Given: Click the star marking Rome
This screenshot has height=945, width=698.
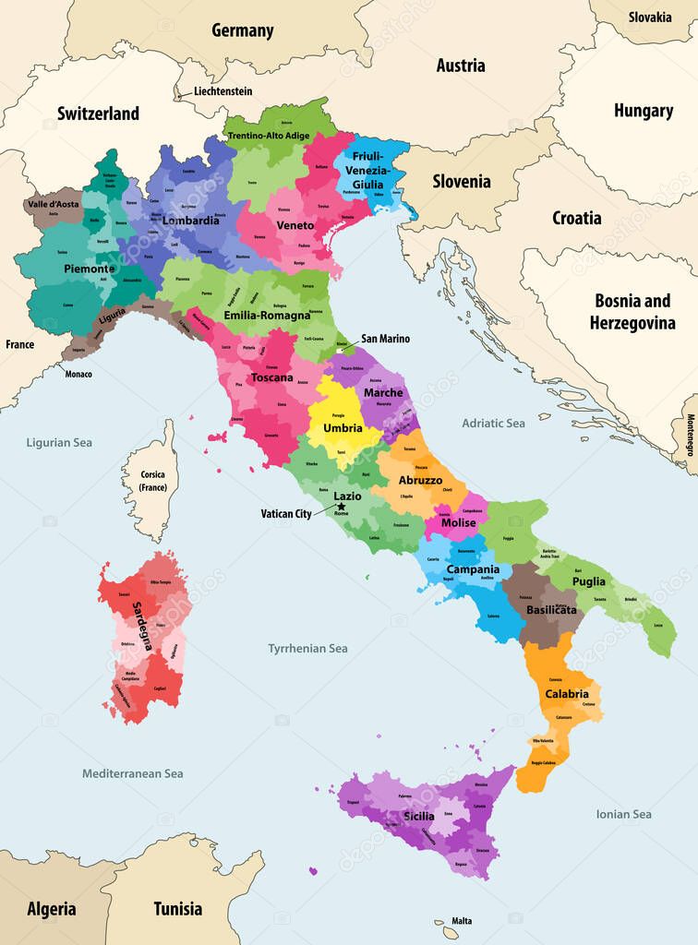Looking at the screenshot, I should pyautogui.click(x=342, y=507).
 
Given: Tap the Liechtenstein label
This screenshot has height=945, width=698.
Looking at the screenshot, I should pyautogui.click(x=223, y=91).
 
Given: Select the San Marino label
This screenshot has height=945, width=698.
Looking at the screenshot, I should pyautogui.click(x=385, y=339).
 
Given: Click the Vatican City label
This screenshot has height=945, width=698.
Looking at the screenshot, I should pyautogui.click(x=285, y=514).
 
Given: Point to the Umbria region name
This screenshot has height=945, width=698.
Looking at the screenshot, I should pyautogui.click(x=343, y=427).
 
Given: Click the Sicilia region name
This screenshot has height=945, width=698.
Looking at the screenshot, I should pyautogui.click(x=418, y=817).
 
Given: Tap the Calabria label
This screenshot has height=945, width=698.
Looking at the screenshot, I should pyautogui.click(x=566, y=693).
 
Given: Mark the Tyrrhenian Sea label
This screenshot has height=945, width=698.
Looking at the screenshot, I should pyautogui.click(x=307, y=649).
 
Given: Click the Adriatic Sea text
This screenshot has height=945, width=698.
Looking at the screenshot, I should pyautogui.click(x=493, y=423).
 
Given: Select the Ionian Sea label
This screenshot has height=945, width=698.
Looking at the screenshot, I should pyautogui.click(x=623, y=814).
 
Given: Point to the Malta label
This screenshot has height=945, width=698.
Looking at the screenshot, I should pyautogui.click(x=462, y=921).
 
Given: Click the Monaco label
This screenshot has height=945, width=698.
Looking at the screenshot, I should pyautogui.click(x=78, y=375).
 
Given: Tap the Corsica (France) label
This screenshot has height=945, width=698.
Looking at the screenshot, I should pyautogui.click(x=151, y=480).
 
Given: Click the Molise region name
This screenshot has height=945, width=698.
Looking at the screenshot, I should pyautogui.click(x=458, y=522).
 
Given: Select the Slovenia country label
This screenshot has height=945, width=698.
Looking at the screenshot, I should pyautogui.click(x=462, y=181).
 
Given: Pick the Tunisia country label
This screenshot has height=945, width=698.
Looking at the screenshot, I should pyautogui.click(x=177, y=908).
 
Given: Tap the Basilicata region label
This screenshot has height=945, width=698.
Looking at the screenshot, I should pyautogui.click(x=551, y=610).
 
